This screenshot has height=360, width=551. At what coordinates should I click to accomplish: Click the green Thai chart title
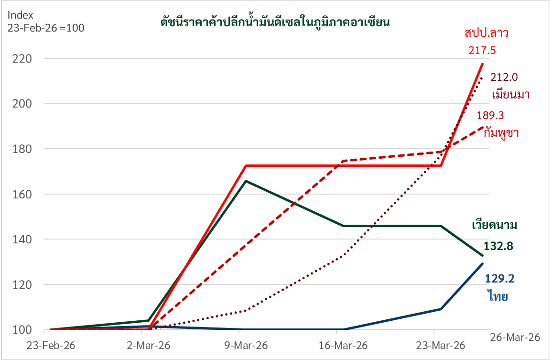[275, 22]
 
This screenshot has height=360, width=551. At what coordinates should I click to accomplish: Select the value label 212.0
[504, 77]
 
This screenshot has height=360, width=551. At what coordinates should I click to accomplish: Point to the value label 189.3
[490, 115]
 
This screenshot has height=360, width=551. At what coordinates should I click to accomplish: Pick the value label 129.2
[499, 279]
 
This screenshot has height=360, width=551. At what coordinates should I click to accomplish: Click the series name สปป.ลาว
[486, 33]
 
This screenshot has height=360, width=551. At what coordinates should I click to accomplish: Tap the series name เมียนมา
[510, 94]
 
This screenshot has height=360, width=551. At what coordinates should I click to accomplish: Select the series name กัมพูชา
[501, 132]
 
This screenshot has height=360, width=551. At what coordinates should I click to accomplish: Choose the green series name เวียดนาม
[495, 225]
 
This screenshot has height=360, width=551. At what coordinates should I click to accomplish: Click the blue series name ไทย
[497, 296]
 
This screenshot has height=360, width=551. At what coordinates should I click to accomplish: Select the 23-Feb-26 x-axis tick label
[51, 345]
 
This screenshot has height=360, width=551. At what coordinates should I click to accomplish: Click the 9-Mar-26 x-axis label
[245, 345]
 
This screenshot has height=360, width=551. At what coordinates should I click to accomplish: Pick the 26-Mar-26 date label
[515, 337]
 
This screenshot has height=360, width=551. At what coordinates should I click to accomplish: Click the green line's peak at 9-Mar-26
[245, 181]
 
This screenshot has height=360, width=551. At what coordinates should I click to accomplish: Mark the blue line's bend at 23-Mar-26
[441, 309]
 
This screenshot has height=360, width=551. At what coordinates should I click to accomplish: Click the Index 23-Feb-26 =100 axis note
[45, 21]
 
